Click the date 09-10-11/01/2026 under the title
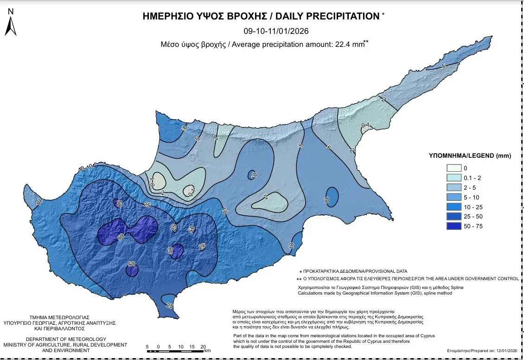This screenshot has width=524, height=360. click(x=276, y=32)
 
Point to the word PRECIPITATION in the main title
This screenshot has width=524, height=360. click(x=327, y=16)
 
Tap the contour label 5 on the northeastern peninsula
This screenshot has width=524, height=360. click(x=443, y=66)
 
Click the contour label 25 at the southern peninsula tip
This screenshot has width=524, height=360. click(x=170, y=306)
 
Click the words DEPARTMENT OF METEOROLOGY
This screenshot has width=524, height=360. click(x=66, y=339)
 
